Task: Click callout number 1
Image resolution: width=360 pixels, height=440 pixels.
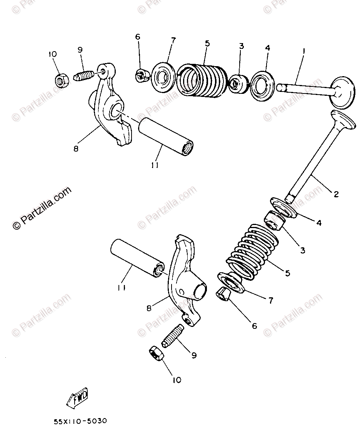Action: coord(303,50)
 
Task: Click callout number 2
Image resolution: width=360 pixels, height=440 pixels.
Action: coord(336,195)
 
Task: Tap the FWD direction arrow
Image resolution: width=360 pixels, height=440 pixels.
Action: coord(78,397)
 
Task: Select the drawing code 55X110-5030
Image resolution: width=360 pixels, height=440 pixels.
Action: coord(81,421)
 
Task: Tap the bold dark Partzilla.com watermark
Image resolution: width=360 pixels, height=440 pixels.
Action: coord(42,208)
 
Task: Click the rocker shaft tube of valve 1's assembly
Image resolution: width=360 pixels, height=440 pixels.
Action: coord(166,136)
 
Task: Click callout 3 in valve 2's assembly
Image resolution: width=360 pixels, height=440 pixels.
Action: coord(302,250)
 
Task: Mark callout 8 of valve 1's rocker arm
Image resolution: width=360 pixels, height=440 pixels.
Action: coord(76,148)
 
